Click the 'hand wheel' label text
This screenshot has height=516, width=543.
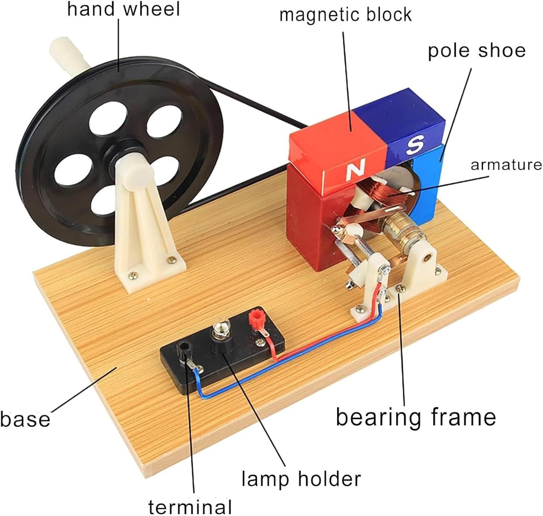click(123, 9)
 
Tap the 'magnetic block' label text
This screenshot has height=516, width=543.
click(345, 15)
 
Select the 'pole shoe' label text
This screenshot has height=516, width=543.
click(477, 51)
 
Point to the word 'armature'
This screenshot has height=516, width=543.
click(506, 165)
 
